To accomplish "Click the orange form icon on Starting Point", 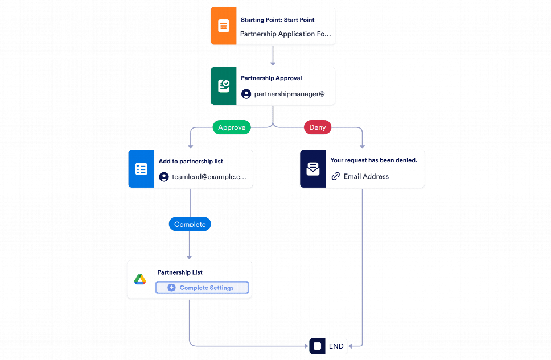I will [223, 26].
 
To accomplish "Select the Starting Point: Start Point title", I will [277, 20].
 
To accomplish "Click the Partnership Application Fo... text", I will [285, 34].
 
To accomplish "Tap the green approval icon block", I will [223, 86].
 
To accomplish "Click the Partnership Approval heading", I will [271, 78].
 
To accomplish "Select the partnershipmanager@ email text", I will [292, 94].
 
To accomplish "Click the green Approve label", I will [232, 127].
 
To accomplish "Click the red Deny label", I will [317, 127].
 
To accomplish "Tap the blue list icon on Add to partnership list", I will [141, 169].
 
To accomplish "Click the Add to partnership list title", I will [191, 161].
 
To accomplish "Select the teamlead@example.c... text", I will [209, 177].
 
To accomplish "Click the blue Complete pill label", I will [190, 224].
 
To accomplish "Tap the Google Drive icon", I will [140, 280].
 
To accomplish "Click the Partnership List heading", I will [180, 272].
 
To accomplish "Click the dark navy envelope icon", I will [313, 169].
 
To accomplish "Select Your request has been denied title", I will [373, 160].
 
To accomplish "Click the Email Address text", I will [366, 176].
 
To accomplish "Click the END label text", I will [336, 346].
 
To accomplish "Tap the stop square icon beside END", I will [317, 346].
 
